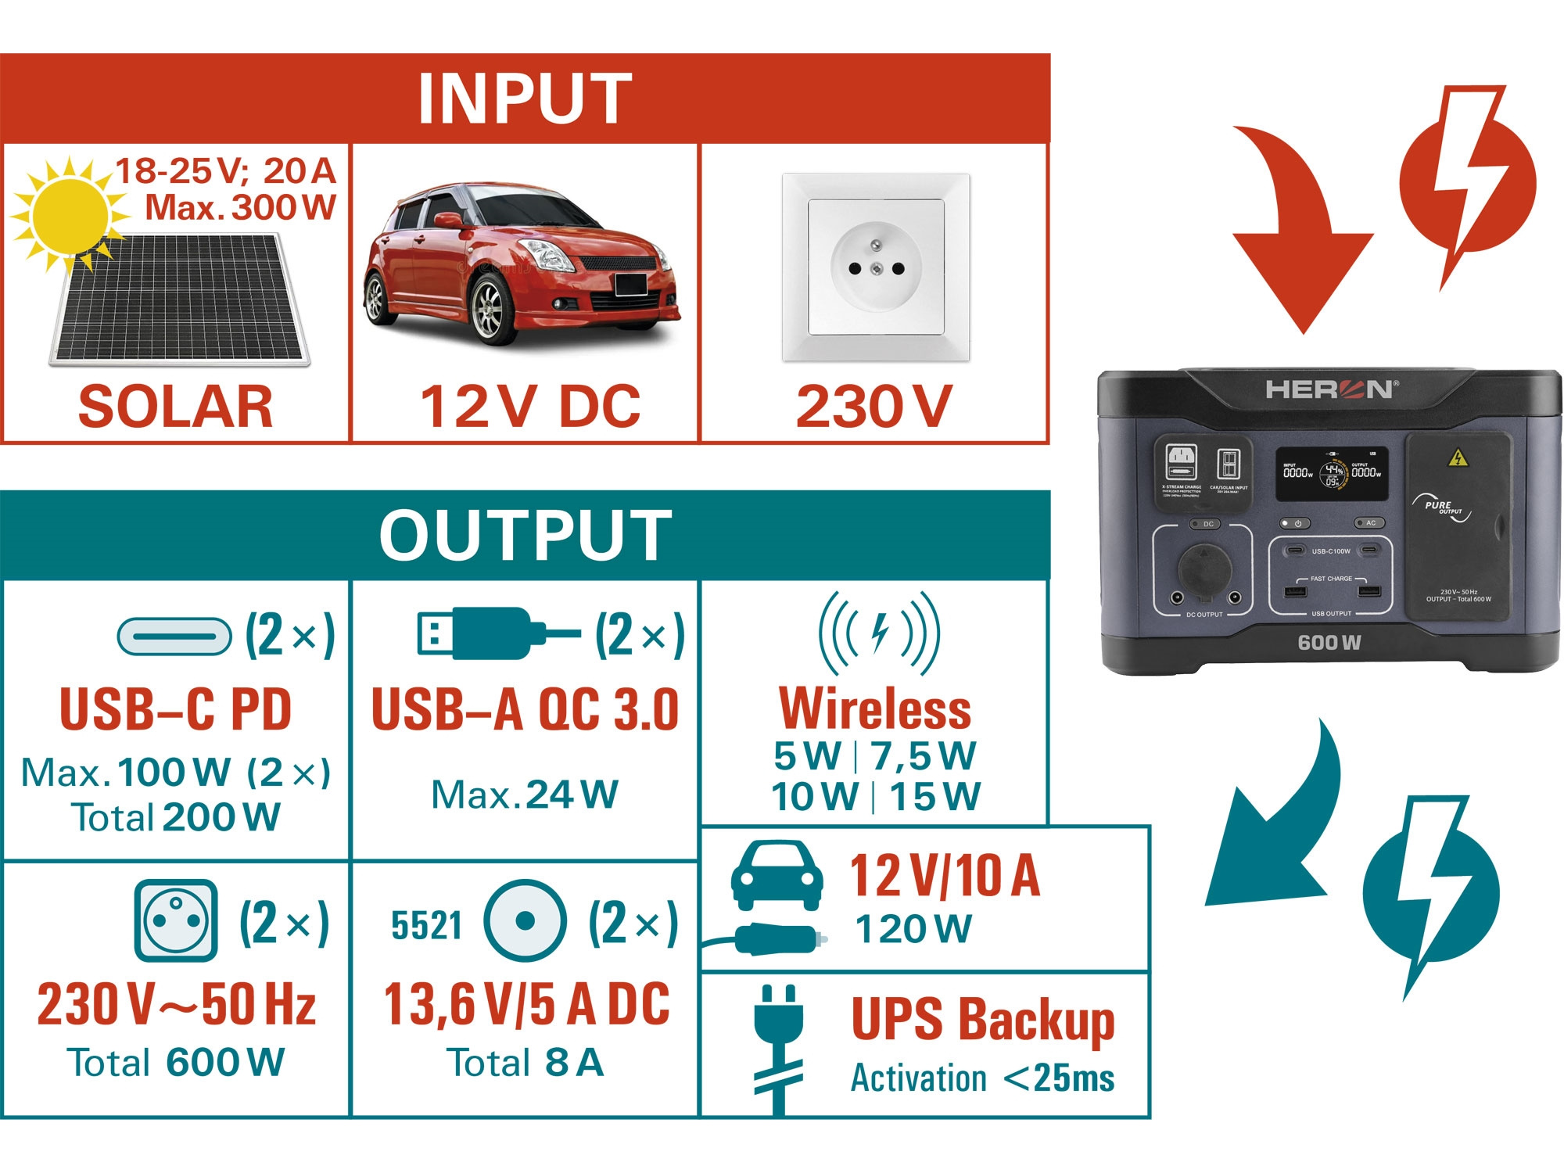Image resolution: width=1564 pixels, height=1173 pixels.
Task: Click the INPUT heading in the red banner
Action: tap(525, 99)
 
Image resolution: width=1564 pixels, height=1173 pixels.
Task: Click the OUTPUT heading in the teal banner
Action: tap(525, 535)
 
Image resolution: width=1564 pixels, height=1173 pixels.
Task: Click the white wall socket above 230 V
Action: tap(876, 267)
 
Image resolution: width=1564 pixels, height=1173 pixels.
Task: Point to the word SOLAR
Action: tap(175, 407)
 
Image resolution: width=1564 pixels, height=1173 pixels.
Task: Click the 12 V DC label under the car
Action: tap(530, 407)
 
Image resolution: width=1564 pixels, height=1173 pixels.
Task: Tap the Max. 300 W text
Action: tap(240, 208)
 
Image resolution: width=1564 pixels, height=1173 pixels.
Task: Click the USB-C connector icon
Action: tap(174, 636)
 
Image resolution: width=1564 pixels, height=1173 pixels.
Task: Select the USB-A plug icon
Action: tap(497, 633)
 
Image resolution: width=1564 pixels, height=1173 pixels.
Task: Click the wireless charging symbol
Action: tap(880, 633)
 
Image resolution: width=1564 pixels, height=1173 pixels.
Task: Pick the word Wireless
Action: tap(875, 708)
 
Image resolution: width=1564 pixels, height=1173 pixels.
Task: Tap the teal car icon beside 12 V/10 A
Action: tap(777, 875)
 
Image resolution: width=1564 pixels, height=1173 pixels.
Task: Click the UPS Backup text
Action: tap(982, 1020)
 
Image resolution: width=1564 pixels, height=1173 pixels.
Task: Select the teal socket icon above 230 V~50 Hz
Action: tap(176, 920)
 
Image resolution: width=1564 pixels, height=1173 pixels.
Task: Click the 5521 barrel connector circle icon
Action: tap(525, 920)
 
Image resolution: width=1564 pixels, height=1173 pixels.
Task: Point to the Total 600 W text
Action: tap(176, 1063)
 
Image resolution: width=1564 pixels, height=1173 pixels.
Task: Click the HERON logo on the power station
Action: tap(1329, 389)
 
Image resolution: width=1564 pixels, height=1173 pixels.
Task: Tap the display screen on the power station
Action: tap(1332, 474)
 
